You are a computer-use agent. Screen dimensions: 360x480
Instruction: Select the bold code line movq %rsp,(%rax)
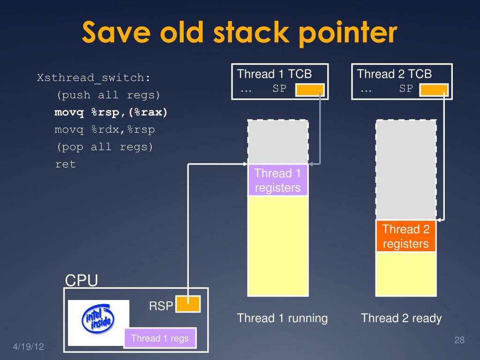(111, 112)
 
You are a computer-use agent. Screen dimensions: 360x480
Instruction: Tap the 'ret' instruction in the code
(65, 165)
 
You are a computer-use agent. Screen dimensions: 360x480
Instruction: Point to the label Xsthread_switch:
(94, 78)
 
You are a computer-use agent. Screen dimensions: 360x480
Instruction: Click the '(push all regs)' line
(108, 95)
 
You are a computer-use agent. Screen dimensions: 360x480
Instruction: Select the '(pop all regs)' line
(105, 147)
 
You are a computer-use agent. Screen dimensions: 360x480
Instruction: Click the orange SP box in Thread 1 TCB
(310, 90)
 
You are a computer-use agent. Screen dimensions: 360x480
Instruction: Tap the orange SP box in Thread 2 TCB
(434, 90)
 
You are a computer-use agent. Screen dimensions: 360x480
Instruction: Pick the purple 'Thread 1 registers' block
(277, 180)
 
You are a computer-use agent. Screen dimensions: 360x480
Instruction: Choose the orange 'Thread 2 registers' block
(405, 236)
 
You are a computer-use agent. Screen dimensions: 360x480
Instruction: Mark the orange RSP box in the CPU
(188, 304)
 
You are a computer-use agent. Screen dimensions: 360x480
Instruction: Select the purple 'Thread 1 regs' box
(160, 338)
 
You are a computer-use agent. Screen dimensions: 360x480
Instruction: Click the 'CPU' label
(81, 280)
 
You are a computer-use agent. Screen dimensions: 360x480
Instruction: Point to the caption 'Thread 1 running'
(282, 318)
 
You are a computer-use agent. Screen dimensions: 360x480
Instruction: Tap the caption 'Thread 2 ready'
(401, 318)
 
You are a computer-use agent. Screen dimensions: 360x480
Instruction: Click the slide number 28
(459, 340)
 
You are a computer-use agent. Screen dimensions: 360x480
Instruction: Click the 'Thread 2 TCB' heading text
(394, 74)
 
